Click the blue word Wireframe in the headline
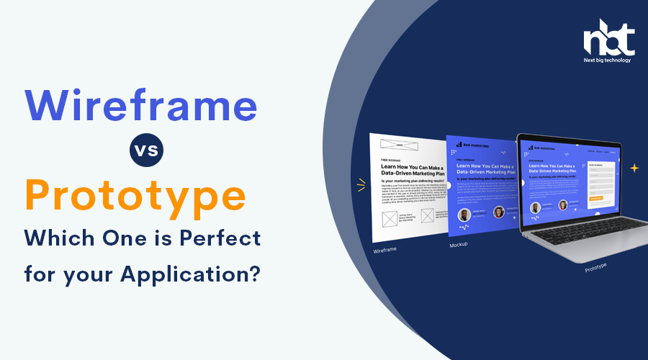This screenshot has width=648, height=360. coord(141,106)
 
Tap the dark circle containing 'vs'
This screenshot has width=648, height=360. coord(147,151)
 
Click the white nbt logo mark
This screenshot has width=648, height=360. coord(608,40)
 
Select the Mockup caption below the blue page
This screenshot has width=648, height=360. coord(458,245)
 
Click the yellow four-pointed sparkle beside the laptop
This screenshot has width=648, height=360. coord(634,168)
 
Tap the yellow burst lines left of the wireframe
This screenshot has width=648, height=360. coord(360,186)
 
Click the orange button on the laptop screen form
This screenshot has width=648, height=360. coord(600,197)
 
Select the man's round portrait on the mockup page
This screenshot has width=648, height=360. coord(464,215)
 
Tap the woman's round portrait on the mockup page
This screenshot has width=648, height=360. coord(498,212)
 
